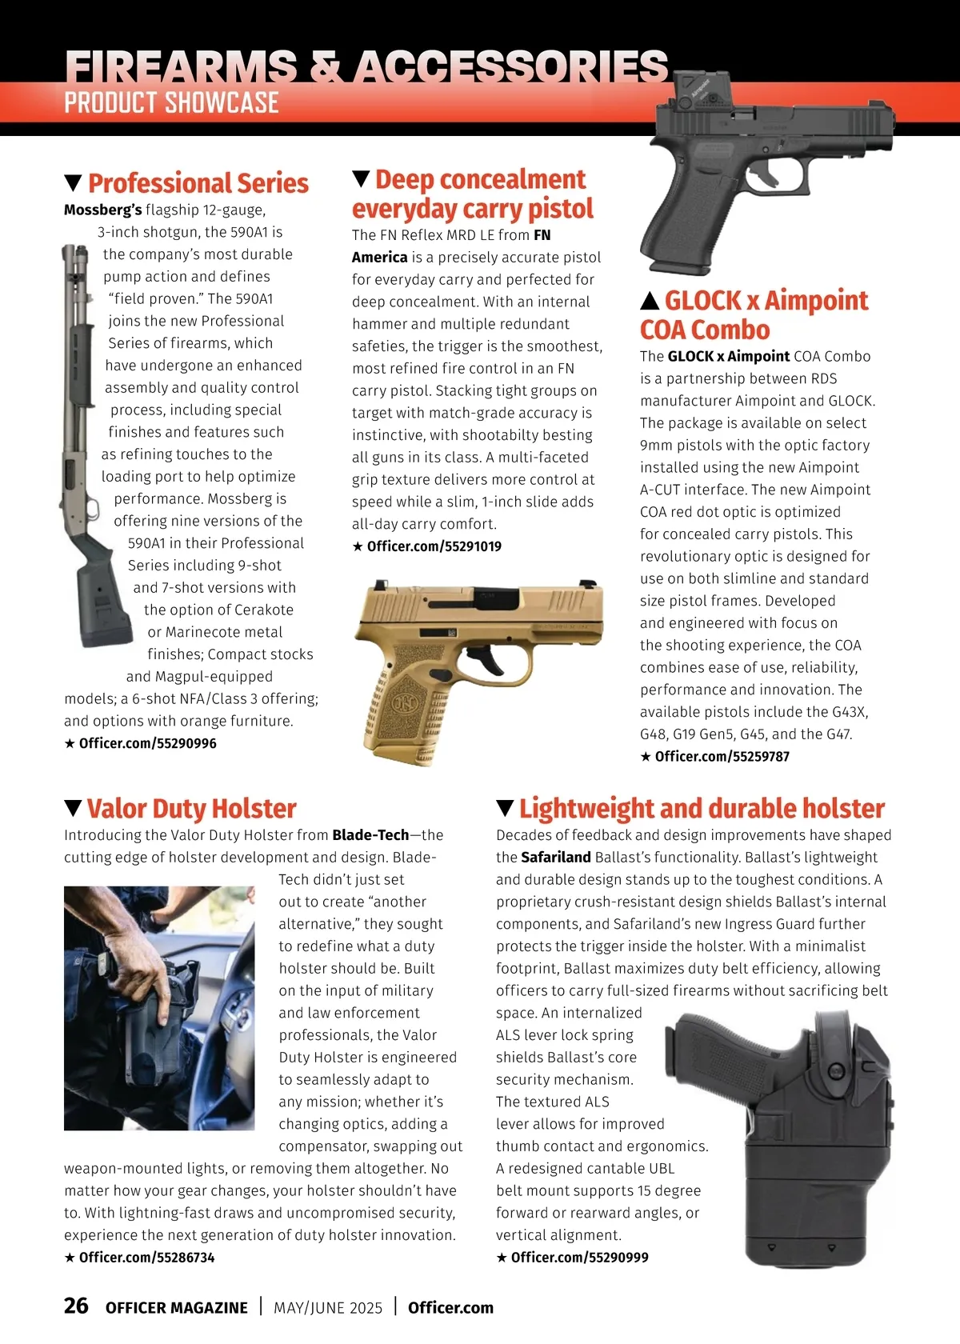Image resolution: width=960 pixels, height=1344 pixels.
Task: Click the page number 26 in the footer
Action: point(76,1306)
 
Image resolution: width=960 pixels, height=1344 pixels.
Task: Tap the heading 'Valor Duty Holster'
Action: point(191,808)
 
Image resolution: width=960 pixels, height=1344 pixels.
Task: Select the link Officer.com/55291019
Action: point(434,546)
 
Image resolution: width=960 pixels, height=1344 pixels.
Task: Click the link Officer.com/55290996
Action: point(147,743)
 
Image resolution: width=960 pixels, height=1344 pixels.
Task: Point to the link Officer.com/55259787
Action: point(722,756)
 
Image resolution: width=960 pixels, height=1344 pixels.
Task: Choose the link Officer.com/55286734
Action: point(146,1258)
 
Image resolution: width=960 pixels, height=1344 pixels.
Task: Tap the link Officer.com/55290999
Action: point(579,1258)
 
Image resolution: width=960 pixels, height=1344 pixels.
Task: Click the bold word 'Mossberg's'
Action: point(102,210)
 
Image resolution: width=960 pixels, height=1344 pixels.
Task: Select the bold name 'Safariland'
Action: point(555,857)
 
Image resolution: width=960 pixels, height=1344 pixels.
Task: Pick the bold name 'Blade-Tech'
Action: point(370,834)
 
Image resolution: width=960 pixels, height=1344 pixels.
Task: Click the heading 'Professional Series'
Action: point(198,183)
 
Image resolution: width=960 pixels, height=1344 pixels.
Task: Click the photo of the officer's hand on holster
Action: point(159,1008)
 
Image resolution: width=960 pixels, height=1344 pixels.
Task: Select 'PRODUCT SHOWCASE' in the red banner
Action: point(171,103)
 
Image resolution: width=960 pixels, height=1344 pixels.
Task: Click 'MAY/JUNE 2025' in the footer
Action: point(328,1307)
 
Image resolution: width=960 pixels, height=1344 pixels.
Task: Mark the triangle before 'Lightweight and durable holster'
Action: point(505,808)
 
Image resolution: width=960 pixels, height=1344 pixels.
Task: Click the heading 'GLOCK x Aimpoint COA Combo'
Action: point(754,314)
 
